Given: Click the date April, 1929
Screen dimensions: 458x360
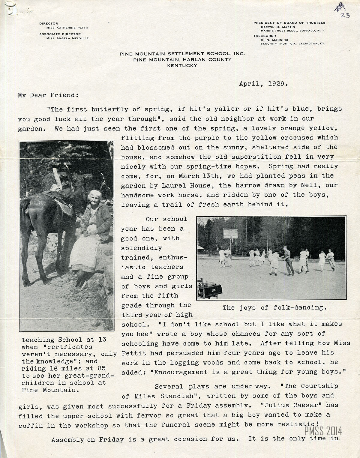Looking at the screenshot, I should (263, 84).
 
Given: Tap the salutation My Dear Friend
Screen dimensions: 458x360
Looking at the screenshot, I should (48, 95).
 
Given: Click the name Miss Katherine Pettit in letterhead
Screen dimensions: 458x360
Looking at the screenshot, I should (65, 28).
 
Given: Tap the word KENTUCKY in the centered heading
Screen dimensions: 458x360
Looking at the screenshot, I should (182, 65).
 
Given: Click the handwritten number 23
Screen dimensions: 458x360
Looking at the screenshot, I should (345, 15).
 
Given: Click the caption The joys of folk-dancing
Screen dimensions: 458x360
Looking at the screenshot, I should (274, 308).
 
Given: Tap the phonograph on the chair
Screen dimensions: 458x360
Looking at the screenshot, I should (211, 288).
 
